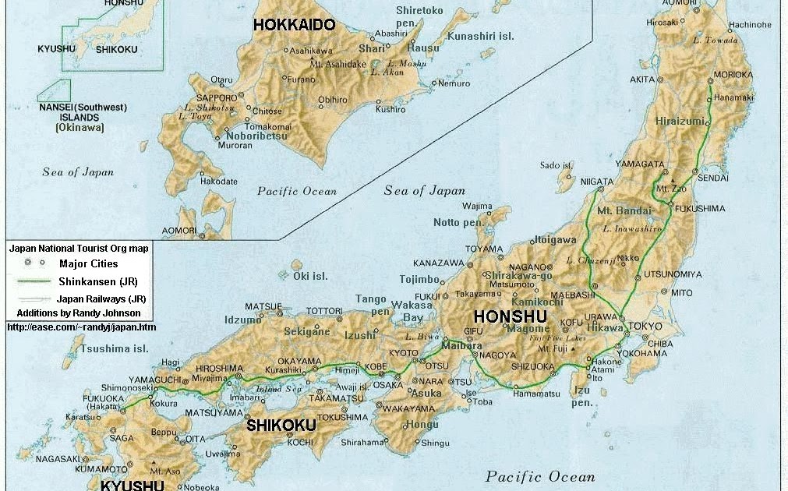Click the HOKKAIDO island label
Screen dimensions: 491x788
coord(294,25)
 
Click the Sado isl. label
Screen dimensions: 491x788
coord(557,165)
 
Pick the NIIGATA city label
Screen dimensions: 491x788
coord(596,181)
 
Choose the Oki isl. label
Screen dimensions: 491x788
coord(309,276)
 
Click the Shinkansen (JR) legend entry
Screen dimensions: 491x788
coord(98,281)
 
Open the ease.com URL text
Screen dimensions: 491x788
coord(81,327)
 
